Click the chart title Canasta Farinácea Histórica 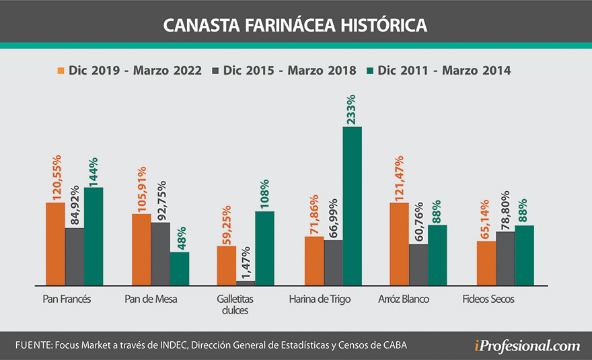tap(295, 25)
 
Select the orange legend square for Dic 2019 tap(61, 70)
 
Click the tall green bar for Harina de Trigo tap(352, 205)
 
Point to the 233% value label tap(351, 110)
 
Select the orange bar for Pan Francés tap(55, 243)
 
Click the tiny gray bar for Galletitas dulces tap(246, 283)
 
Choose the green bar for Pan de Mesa tap(179, 268)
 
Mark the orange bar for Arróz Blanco tap(399, 243)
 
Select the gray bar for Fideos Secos tap(505, 258)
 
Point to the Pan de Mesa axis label tap(151, 299)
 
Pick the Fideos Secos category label tap(488, 299)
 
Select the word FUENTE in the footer tap(31, 345)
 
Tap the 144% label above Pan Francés tap(94, 171)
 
